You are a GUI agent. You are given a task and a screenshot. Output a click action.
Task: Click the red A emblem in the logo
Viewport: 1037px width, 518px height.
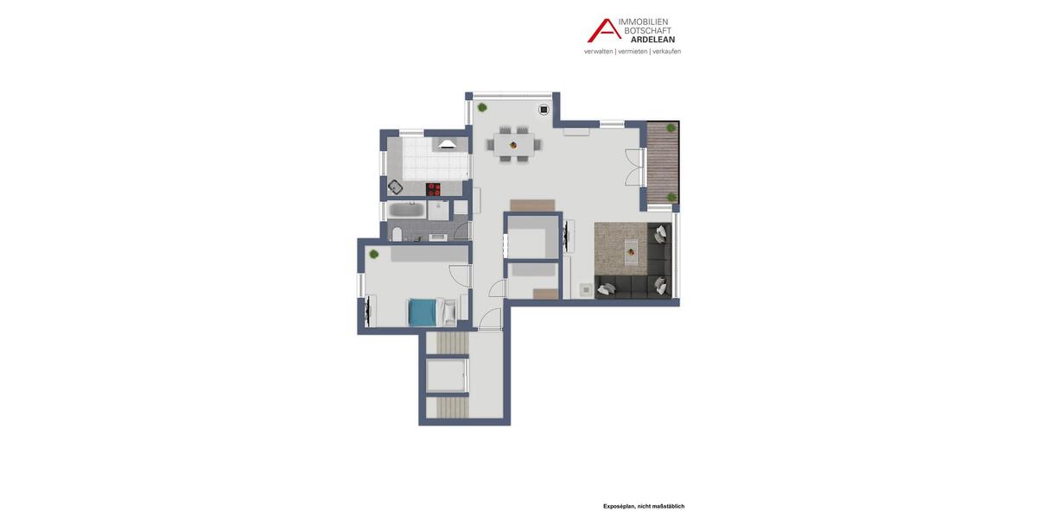pyautogui.click(x=604, y=31)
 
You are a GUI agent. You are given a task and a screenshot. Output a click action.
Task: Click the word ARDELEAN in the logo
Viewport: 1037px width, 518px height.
pyautogui.click(x=652, y=40)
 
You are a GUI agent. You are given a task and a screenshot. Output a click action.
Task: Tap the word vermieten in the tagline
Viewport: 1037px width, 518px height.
pyautogui.click(x=633, y=52)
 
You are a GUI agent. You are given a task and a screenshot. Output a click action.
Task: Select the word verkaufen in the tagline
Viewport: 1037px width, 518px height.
pyautogui.click(x=666, y=52)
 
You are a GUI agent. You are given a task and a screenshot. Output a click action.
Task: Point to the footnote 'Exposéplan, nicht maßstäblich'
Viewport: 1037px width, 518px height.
pyautogui.click(x=644, y=507)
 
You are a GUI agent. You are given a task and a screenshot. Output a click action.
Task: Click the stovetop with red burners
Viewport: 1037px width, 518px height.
pyautogui.click(x=433, y=189)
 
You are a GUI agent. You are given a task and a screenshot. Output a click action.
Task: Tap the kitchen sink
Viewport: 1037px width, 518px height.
pyautogui.click(x=395, y=186)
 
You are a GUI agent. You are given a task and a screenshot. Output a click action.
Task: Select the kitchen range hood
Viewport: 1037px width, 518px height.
pyautogui.click(x=447, y=145)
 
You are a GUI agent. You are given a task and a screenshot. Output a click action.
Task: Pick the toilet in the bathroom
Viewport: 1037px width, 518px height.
pyautogui.click(x=398, y=233)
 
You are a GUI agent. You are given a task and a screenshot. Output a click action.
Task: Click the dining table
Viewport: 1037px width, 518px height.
pyautogui.click(x=513, y=144)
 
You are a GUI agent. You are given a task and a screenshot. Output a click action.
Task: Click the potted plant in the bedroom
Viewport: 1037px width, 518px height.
pyautogui.click(x=374, y=255)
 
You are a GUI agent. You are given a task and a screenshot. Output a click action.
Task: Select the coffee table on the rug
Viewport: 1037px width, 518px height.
pyautogui.click(x=631, y=251)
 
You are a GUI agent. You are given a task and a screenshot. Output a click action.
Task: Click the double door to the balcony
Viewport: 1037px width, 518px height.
pyautogui.click(x=635, y=167)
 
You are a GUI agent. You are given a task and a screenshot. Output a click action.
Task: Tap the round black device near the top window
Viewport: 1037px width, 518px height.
pyautogui.click(x=544, y=110)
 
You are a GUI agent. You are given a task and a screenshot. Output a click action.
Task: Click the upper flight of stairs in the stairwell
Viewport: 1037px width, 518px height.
pyautogui.click(x=451, y=344)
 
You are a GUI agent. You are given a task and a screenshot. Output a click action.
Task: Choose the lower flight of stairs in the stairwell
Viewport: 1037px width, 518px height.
pyautogui.click(x=451, y=407)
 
